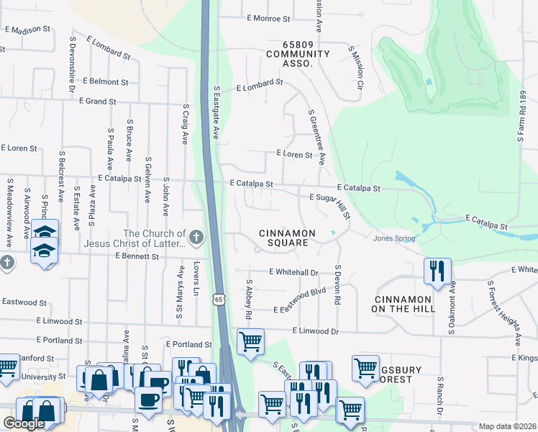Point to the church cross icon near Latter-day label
(196, 236)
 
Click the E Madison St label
(27, 30)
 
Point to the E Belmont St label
(110, 82)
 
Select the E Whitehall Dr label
(293, 272)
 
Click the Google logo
(23, 423)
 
